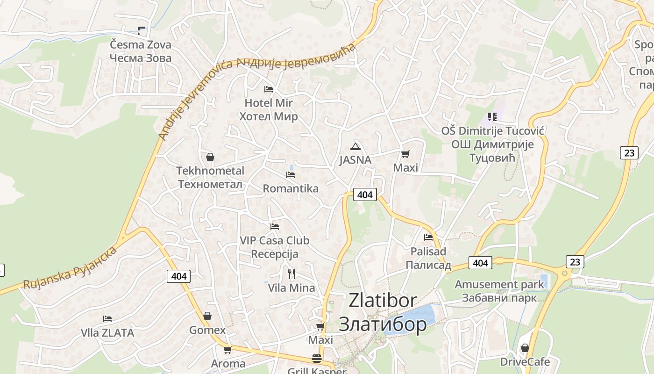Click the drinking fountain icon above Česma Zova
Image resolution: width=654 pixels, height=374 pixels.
pyautogui.click(x=141, y=31)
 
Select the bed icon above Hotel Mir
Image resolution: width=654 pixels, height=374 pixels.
pyautogui.click(x=269, y=89)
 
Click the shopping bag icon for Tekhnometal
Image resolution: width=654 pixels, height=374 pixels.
pyautogui.click(x=210, y=157)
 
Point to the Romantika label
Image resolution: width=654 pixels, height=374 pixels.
pyautogui.click(x=291, y=188)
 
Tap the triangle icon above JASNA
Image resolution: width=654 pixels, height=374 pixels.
pyautogui.click(x=355, y=146)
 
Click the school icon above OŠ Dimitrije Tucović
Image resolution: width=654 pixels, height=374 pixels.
pyautogui.click(x=492, y=116)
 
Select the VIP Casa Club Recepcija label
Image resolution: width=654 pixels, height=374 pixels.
pyautogui.click(x=275, y=247)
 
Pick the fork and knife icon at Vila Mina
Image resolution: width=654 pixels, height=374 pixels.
pyautogui.click(x=291, y=273)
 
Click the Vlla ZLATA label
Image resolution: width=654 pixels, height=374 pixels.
pyautogui.click(x=107, y=333)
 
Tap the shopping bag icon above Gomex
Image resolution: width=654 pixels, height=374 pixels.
pyautogui.click(x=207, y=316)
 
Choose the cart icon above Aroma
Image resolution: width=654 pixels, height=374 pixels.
pyautogui.click(x=228, y=350)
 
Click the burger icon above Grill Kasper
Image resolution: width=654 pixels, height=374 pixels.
pyautogui.click(x=317, y=359)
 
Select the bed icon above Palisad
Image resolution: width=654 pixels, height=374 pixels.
pyautogui.click(x=428, y=237)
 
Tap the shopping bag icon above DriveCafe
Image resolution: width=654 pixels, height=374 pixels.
pyautogui.click(x=525, y=348)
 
